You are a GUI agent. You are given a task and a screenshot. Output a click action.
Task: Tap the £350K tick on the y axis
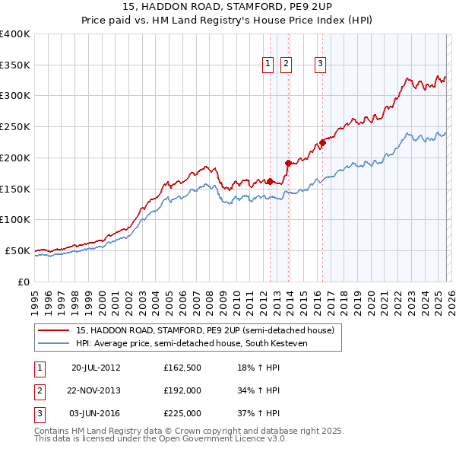15,65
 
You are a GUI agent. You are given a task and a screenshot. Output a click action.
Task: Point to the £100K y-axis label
15,219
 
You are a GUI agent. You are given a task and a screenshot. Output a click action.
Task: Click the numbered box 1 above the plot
269,65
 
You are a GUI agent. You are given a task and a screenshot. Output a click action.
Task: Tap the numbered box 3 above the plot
321,65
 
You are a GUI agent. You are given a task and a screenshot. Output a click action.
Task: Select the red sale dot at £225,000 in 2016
322,142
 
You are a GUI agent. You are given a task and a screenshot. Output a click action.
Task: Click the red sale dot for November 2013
288,163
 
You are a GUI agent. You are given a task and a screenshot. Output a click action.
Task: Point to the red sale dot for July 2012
270,181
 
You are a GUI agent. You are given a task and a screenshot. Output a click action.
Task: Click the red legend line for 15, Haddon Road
54,331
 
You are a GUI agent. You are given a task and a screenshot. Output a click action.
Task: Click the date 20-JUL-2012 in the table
96,367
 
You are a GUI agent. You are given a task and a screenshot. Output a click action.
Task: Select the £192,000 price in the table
182,390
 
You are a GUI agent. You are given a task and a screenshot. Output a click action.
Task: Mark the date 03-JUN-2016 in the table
96,414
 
